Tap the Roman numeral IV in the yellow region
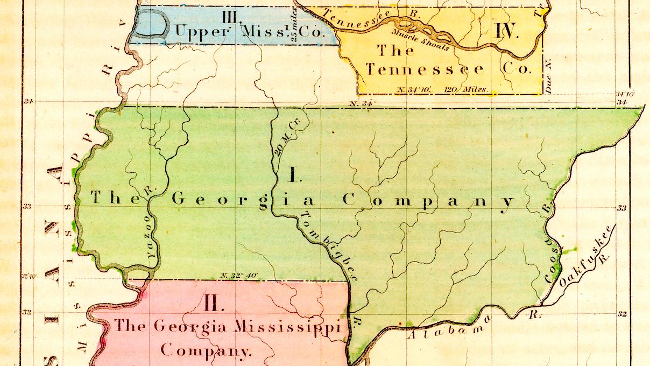(x=506, y=31)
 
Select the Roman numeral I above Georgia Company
(x=294, y=174)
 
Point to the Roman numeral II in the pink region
(x=214, y=303)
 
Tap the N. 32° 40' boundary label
(x=239, y=276)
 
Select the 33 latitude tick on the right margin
(x=621, y=208)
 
